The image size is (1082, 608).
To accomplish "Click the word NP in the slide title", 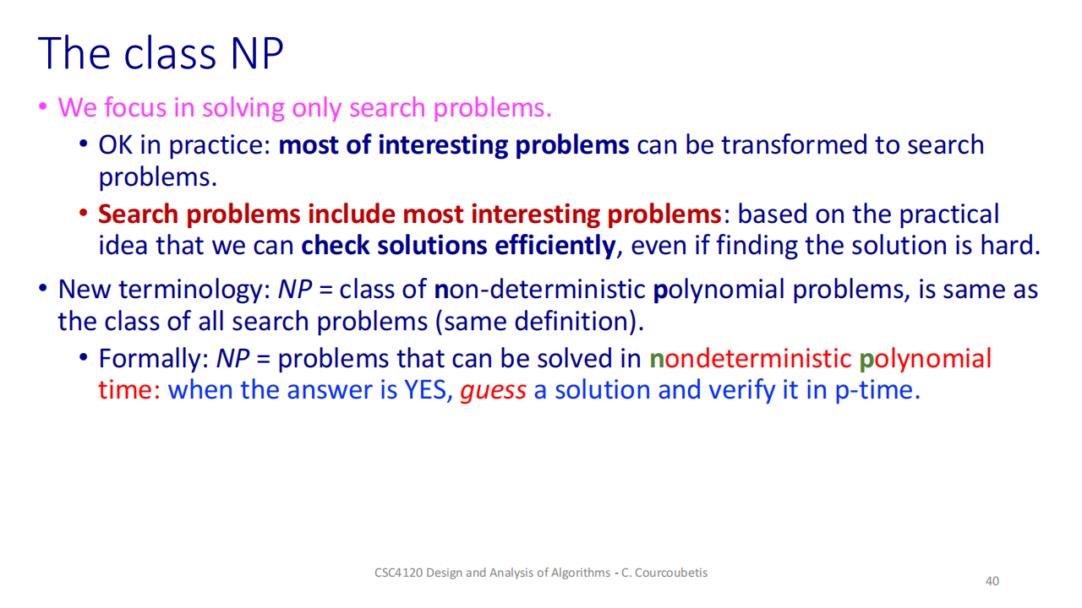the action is tap(257, 53).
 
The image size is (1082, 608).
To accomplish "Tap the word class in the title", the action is tap(170, 53).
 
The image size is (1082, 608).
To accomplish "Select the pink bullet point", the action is tap(43, 106).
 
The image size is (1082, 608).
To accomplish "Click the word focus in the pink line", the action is tap(135, 107).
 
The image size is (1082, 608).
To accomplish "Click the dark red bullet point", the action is tap(84, 213).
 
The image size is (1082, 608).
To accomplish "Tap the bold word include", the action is tap(351, 214).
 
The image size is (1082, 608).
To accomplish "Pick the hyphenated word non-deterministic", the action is tap(539, 290).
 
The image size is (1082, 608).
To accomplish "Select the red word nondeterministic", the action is tap(750, 359).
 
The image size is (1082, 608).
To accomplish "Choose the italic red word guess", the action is tap(493, 391).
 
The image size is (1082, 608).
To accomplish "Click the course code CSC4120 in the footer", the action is tap(398, 573).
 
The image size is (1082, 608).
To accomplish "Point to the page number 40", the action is tap(992, 581).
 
